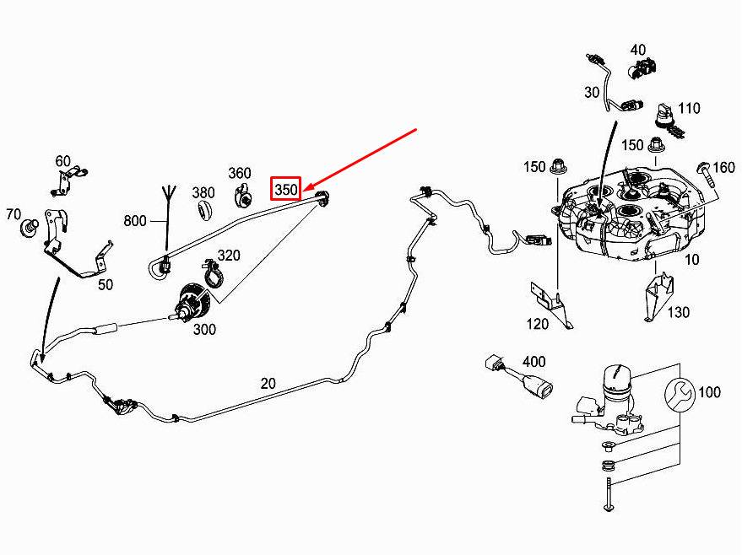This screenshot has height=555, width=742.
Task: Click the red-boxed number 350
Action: tap(285, 190)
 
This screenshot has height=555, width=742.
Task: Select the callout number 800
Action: tap(135, 222)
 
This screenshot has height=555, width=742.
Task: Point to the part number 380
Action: tap(203, 192)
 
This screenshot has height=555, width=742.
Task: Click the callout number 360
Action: tap(240, 174)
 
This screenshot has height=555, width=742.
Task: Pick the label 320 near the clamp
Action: tap(230, 256)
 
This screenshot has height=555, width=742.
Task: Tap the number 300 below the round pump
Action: tap(204, 329)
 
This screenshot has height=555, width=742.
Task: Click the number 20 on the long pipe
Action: tap(268, 383)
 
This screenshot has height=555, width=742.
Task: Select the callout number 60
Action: tap(63, 161)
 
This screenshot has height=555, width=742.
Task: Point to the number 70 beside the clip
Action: tap(14, 214)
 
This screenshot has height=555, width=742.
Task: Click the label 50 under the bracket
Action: tap(105, 285)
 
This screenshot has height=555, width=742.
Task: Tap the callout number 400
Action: tap(534, 362)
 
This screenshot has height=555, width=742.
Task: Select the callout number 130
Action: tap(679, 312)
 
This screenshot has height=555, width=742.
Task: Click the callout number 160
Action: tap(724, 167)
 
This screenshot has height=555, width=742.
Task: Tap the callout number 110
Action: tap(689, 108)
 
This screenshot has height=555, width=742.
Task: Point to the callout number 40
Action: tap(637, 50)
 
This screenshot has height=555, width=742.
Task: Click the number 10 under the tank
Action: tap(691, 259)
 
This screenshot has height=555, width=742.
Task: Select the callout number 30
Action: tap(590, 91)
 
